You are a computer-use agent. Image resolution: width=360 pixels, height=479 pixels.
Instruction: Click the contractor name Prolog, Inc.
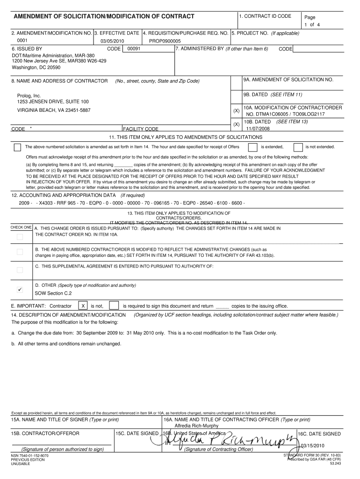pyautogui.click(x=29, y=95)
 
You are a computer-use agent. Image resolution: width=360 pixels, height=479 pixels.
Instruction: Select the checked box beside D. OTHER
pyautogui.click(x=20, y=289)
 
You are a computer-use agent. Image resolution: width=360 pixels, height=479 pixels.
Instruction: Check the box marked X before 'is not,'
pyautogui.click(x=83, y=306)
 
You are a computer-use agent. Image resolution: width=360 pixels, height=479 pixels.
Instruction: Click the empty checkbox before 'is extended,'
pyautogui.click(x=252, y=147)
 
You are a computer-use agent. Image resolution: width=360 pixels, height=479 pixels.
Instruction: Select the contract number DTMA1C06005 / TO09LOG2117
pyautogui.click(x=286, y=114)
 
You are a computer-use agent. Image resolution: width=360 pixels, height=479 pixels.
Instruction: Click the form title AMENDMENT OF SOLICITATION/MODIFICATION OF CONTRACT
pyautogui.click(x=104, y=17)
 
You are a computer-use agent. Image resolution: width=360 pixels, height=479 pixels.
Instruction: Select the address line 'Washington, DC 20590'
pyautogui.click(x=36, y=67)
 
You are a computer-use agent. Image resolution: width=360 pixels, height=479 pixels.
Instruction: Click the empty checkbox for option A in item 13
pyautogui.click(x=20, y=237)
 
